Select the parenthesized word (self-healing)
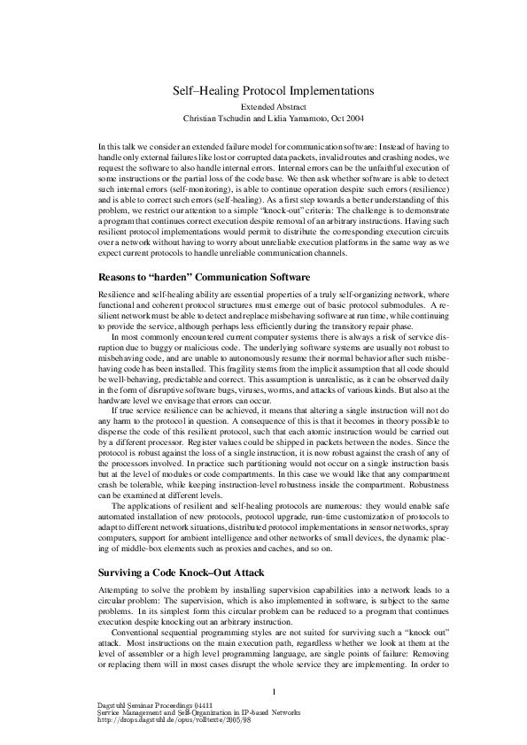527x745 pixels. coord(241,201)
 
